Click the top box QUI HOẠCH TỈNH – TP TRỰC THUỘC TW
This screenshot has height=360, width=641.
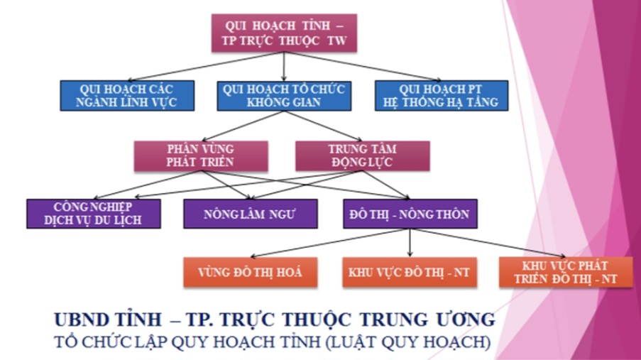coord(284,32)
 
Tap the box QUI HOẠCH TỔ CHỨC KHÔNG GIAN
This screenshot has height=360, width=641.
coord(283,95)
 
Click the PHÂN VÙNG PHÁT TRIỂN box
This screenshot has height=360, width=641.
coord(201,155)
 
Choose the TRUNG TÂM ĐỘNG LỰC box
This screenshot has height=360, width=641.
coord(362,155)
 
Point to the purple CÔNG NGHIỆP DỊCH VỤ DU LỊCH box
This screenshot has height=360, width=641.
coord(93,213)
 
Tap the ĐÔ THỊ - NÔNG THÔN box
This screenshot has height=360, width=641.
coord(410,213)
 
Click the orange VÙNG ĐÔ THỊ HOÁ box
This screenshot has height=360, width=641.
coord(249,272)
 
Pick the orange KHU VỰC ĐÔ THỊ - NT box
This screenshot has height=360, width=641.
coord(410,272)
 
